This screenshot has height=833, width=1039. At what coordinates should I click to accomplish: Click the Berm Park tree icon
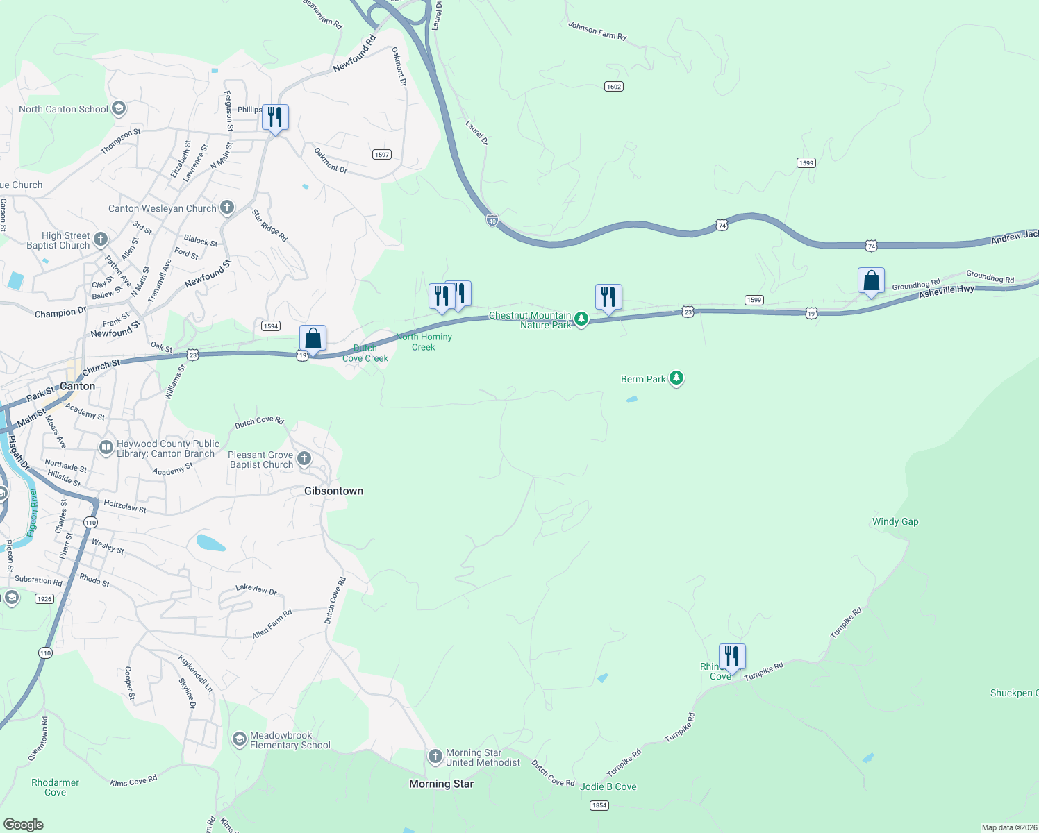(676, 378)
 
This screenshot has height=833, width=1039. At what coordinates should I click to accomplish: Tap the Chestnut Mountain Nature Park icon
(581, 319)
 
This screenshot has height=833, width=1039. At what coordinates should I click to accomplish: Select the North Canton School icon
(119, 108)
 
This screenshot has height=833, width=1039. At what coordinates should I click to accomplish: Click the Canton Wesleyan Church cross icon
(227, 208)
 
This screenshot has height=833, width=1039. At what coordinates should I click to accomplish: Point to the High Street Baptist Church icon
(101, 240)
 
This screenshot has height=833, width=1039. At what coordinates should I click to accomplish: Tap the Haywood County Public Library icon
(106, 448)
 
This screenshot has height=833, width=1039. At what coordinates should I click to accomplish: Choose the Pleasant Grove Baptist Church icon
(304, 458)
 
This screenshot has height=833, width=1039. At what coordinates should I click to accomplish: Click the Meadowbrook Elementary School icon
(240, 739)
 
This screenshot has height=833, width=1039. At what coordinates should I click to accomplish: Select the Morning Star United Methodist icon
(435, 757)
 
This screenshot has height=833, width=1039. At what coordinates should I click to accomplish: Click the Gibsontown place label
(333, 491)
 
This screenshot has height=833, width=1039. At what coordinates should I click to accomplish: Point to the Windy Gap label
(895, 521)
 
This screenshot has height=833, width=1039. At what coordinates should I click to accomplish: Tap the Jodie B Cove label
(608, 786)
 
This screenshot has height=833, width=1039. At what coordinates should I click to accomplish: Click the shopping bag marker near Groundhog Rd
(871, 281)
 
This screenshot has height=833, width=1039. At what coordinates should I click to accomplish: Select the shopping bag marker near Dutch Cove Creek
(313, 339)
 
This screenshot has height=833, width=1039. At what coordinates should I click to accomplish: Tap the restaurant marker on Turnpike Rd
(732, 656)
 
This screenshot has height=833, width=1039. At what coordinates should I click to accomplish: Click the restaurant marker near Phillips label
(275, 117)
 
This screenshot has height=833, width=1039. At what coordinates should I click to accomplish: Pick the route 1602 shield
(614, 87)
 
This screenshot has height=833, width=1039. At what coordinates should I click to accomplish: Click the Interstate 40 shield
(492, 221)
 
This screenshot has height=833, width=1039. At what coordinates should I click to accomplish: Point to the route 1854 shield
(599, 805)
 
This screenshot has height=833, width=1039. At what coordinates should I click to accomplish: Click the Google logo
(24, 825)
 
